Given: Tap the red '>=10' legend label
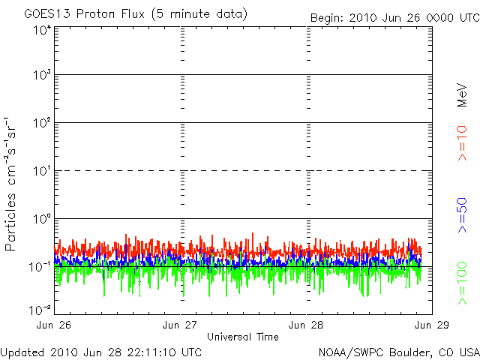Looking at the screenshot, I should click(462, 142).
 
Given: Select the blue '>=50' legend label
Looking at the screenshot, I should click(462, 217).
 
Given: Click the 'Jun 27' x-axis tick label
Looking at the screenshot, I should click(181, 325).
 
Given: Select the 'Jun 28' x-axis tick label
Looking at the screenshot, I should click(307, 325).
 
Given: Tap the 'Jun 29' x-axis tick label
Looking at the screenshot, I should click(433, 325).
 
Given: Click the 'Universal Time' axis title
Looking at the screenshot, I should click(243, 337).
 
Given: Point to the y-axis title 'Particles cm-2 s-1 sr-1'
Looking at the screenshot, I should click(12, 183).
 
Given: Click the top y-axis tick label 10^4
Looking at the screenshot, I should click(41, 30).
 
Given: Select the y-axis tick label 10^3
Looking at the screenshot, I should click(41, 75).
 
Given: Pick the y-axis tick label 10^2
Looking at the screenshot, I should click(41, 123).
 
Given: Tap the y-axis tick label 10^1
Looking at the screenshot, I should click(41, 171).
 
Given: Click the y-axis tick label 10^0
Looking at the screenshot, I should click(41, 219).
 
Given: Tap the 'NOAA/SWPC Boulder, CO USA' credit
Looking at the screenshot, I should click(398, 352).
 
